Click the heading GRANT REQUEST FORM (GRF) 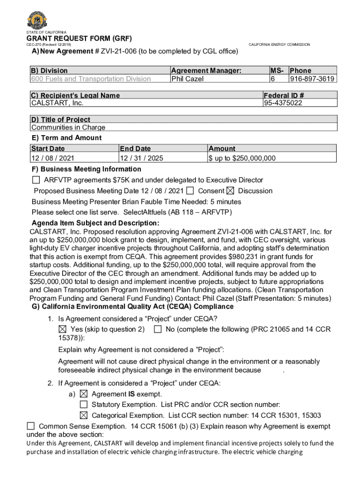click(79, 38)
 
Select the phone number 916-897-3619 click(312, 79)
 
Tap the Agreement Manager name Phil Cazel click(187, 79)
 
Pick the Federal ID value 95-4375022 click(283, 103)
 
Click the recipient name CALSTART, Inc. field click(51, 103)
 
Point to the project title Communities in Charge click(68, 128)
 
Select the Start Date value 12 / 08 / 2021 click(53, 158)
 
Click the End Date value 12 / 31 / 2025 click(142, 158)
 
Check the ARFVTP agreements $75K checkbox click(36, 180)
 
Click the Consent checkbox click(190, 191)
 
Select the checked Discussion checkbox click(230, 191)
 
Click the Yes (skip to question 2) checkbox click(62, 329)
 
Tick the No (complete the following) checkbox click(158, 329)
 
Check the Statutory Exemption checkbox click(84, 405)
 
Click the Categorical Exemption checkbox click(84, 415)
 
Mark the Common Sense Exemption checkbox click(31, 426)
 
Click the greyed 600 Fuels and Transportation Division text click(91, 79)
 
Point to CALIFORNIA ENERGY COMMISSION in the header click(279, 44)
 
